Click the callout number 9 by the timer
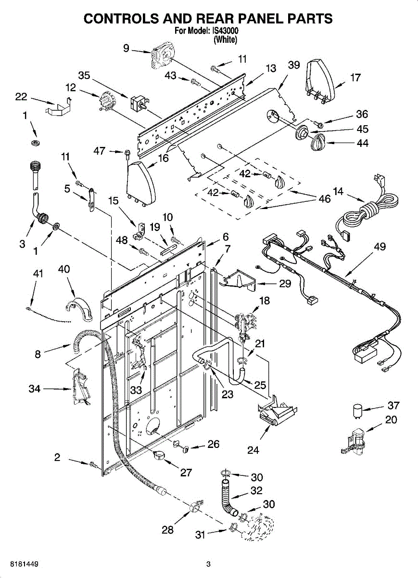pyautogui.click(x=126, y=48)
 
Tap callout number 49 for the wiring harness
pyautogui.click(x=380, y=247)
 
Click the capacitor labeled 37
pyautogui.click(x=357, y=410)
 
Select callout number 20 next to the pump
pyautogui.click(x=391, y=420)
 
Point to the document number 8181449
pyautogui.click(x=24, y=569)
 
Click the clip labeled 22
pyautogui.click(x=59, y=107)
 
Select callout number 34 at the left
pyautogui.click(x=35, y=389)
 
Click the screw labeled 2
pyautogui.click(x=95, y=465)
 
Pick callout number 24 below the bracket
pyautogui.click(x=253, y=450)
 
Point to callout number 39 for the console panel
pyautogui.click(x=294, y=65)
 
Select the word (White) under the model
pyautogui.click(x=226, y=39)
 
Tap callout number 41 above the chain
pyautogui.click(x=38, y=274)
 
